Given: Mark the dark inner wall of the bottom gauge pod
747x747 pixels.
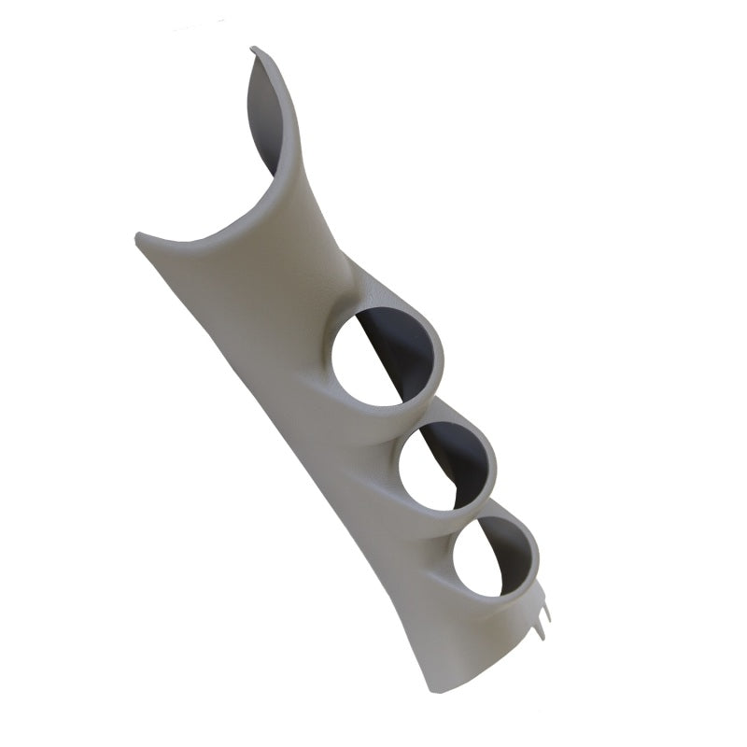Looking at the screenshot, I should tap(513, 551).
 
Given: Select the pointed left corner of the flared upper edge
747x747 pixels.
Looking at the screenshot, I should tap(139, 236).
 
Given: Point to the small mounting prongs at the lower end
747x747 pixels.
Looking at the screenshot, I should tap(542, 612).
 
